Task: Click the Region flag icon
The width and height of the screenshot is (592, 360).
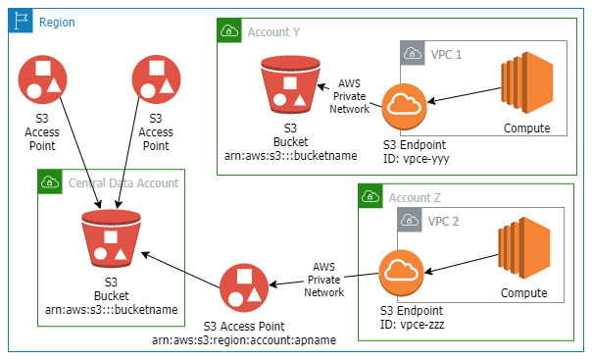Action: [x=21, y=21]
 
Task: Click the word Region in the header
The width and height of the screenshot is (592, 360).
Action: [x=57, y=22]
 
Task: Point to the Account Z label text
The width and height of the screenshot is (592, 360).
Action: [x=417, y=197]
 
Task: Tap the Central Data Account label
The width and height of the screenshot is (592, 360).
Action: [x=123, y=182]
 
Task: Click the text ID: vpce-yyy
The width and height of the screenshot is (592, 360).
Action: [x=416, y=158]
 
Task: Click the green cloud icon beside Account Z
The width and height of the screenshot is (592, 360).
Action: [x=371, y=197]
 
